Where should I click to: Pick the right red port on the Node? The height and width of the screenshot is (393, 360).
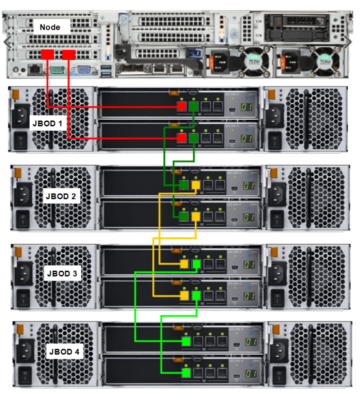69,55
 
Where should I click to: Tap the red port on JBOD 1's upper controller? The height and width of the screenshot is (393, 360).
182,107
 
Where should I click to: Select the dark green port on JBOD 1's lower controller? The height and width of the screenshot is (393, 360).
194,137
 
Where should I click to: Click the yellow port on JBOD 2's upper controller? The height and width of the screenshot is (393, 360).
196,185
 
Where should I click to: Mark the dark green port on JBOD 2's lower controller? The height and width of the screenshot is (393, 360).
184,217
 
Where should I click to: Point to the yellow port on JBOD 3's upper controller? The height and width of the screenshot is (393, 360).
184,264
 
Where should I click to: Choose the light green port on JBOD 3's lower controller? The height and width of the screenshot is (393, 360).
196,296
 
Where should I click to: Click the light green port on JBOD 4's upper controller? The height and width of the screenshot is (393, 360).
186,341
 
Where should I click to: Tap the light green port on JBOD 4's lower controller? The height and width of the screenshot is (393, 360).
186,373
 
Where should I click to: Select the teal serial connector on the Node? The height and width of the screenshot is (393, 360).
57,70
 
